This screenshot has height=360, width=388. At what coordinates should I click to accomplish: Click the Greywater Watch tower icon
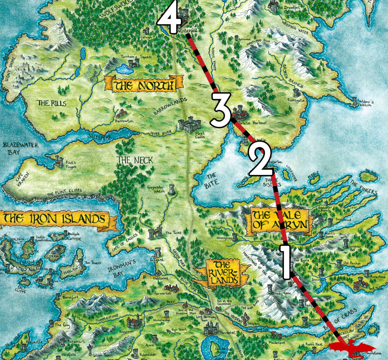pyautogui.click(x=172, y=189)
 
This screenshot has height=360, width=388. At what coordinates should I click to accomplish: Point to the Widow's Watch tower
pyautogui.click(x=355, y=101)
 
